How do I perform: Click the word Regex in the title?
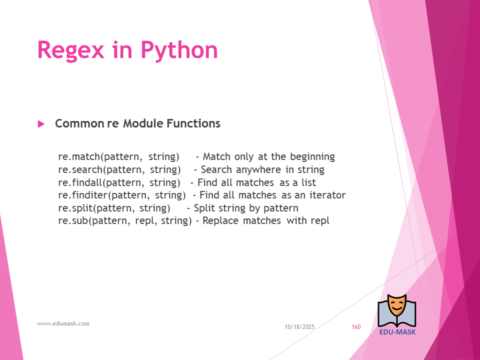point(70,50)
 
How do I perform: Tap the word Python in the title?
point(179,50)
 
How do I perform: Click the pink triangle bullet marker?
point(41,124)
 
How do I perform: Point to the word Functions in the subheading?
point(193,123)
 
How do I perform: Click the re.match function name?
point(79,156)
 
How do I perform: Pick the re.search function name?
point(80,169)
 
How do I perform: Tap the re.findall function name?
point(80,182)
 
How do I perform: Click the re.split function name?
point(75,208)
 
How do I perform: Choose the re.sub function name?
point(73,220)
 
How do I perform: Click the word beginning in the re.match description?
point(312,156)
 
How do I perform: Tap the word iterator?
point(327,195)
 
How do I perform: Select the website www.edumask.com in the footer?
point(63,323)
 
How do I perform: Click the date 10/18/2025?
point(299,327)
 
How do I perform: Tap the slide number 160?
point(356,327)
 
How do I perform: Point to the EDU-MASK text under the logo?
point(397,332)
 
